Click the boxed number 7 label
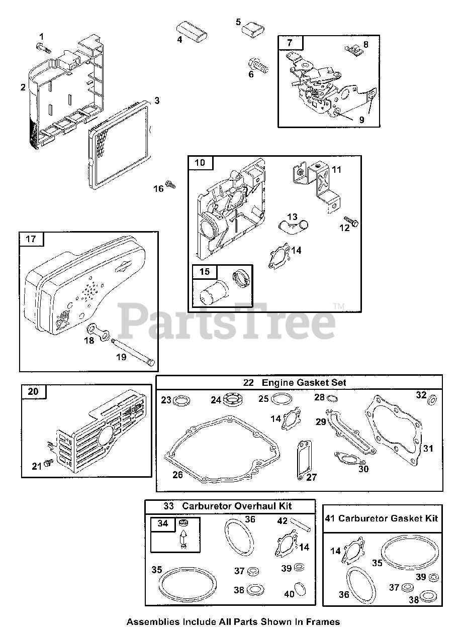289,43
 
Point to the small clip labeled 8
353,49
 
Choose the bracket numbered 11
314,183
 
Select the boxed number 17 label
31,239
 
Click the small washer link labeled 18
99,333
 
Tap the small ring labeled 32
431,403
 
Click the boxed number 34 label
163,523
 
